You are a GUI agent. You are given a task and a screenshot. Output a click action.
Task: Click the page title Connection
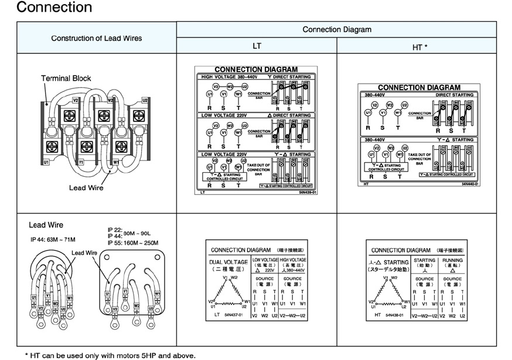[54, 8]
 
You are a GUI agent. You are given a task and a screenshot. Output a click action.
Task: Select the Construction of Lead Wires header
[97, 38]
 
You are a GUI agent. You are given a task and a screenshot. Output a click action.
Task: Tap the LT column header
[257, 46]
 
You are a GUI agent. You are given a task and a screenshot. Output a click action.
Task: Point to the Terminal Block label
[66, 78]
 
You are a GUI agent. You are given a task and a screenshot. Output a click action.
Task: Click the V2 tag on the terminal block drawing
[75, 100]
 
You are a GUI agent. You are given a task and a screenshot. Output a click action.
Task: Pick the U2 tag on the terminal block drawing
[145, 100]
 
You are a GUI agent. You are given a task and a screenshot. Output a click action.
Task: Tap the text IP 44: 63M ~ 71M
[53, 239]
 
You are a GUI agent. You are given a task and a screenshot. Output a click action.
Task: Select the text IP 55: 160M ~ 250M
[133, 242]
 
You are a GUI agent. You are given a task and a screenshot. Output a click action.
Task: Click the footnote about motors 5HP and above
[110, 355]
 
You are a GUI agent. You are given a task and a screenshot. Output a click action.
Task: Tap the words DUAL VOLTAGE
[228, 262]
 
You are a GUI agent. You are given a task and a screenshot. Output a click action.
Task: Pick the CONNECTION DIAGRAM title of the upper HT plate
[418, 87]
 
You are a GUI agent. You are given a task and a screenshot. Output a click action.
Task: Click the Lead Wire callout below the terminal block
[86, 188]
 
